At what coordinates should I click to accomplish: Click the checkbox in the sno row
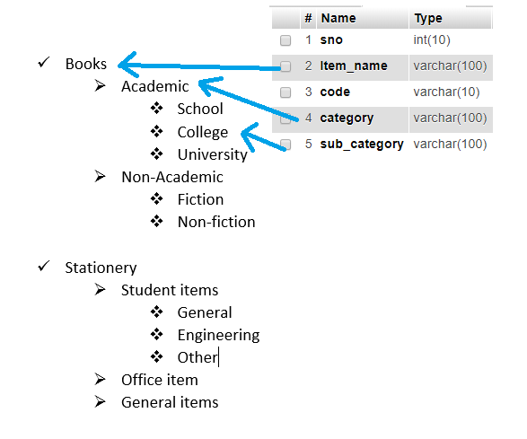285,40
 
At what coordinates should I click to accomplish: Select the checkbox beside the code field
285,92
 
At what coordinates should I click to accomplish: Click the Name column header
338,18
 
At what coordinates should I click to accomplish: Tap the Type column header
428,19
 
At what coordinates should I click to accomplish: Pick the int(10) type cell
432,40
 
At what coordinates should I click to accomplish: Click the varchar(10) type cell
446,92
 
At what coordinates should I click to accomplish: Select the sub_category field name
362,145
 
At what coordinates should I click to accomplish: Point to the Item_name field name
354,66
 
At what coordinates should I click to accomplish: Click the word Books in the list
86,64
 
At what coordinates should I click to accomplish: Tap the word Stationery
101,268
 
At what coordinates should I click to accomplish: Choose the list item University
213,155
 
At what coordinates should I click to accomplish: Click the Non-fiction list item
216,222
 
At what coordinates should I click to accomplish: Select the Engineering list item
218,336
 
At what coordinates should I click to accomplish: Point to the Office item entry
160,380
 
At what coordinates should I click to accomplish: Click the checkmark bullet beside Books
44,62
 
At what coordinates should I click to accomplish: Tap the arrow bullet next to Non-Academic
101,176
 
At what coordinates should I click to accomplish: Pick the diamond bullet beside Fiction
156,199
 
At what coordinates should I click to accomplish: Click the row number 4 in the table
309,118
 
